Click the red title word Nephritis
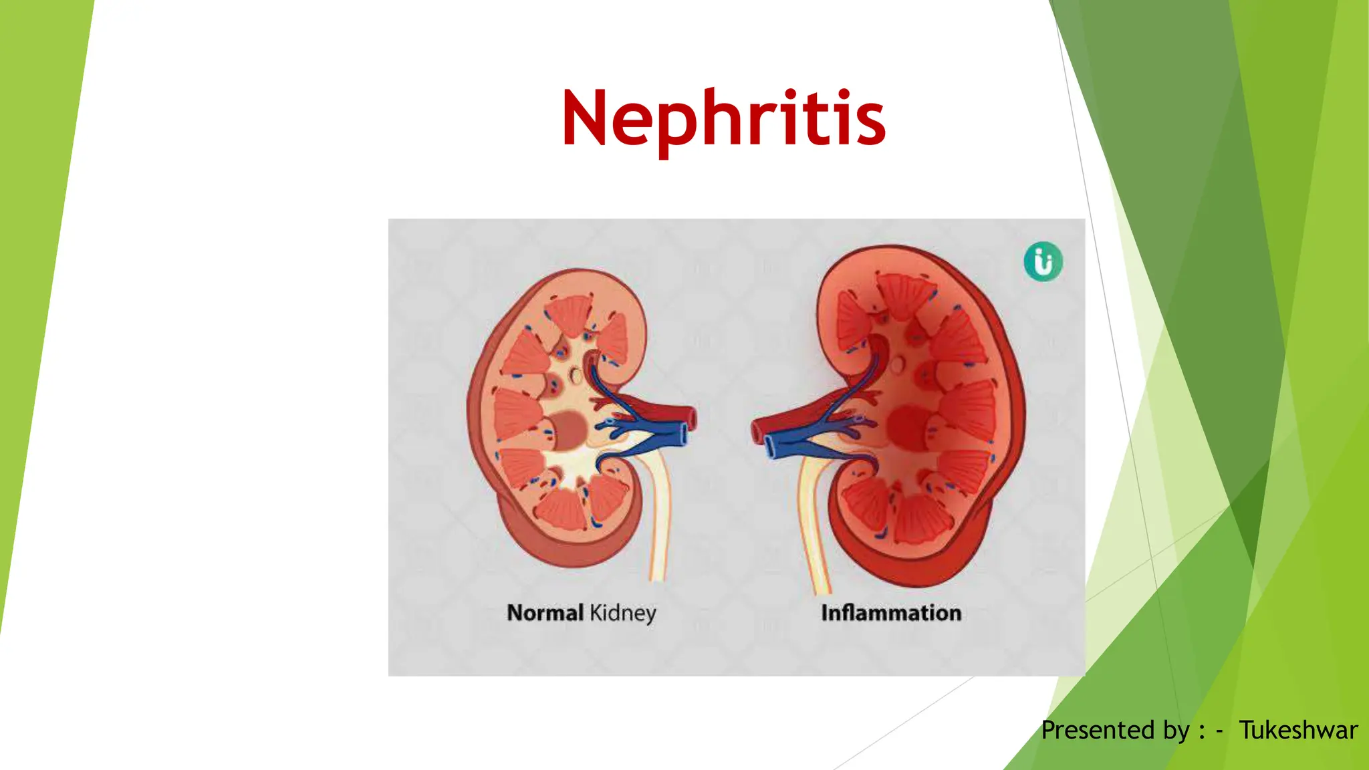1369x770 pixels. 724,118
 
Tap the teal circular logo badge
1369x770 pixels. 1043,261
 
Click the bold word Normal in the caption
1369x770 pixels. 545,612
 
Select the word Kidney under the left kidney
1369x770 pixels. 622,614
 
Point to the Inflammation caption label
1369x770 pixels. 890,612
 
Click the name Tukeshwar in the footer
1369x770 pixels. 1297,730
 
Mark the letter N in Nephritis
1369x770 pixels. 584,118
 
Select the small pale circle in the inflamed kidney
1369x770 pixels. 897,365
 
